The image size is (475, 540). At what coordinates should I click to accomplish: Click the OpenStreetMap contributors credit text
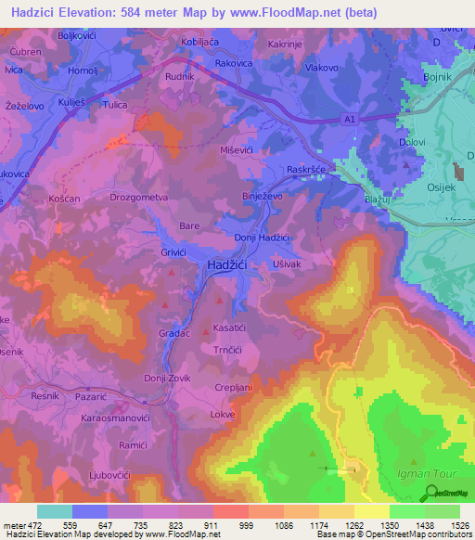coord(408,534)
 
